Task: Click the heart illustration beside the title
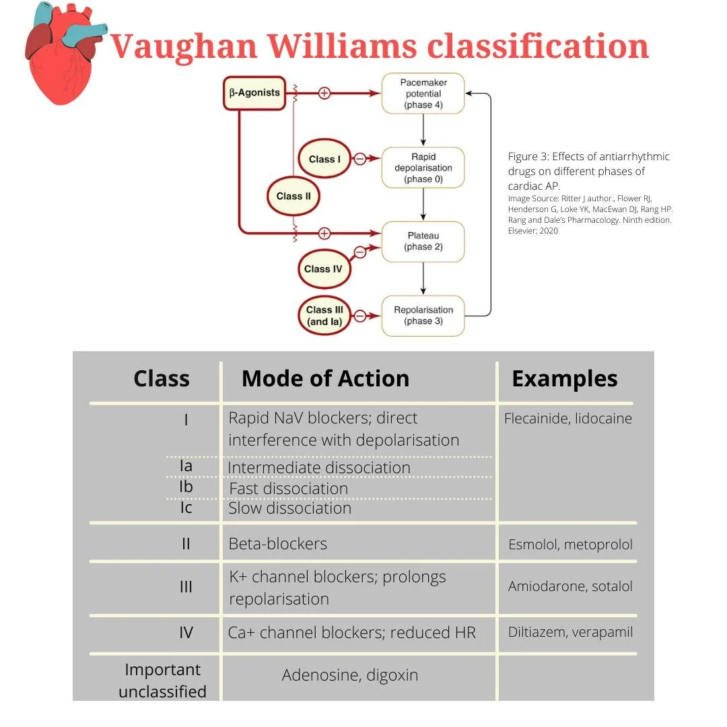(x=62, y=57)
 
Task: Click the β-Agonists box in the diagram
(x=254, y=93)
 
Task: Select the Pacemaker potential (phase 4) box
(x=423, y=94)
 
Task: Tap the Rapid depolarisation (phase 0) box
(x=423, y=168)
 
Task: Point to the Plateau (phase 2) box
(x=423, y=241)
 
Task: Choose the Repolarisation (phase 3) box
(x=423, y=315)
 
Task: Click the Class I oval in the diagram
(x=324, y=160)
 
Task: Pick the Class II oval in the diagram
(x=293, y=196)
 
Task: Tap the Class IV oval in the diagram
(x=323, y=269)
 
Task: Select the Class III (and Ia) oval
(x=324, y=316)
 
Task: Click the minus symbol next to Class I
(x=360, y=159)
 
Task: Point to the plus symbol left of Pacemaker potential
(x=324, y=93)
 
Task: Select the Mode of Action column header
(x=325, y=378)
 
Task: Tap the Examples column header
(x=564, y=378)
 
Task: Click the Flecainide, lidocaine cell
(x=567, y=419)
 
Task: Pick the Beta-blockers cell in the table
(x=278, y=543)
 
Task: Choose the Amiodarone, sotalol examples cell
(x=570, y=586)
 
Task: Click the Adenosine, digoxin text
(x=350, y=674)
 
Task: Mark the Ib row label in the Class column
(x=186, y=487)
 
